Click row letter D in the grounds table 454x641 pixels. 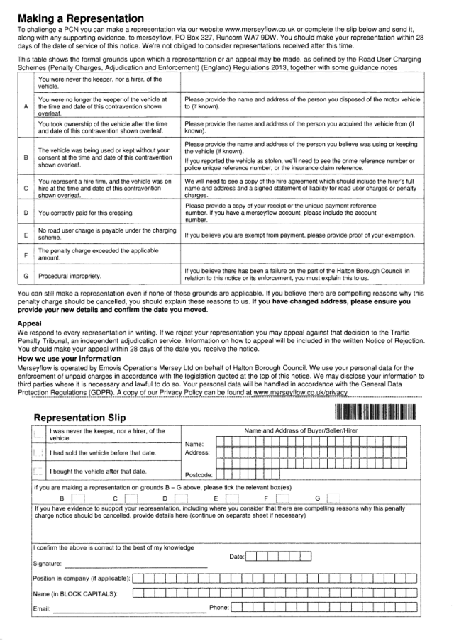26,212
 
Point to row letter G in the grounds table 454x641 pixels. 26,275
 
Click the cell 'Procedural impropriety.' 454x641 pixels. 70,275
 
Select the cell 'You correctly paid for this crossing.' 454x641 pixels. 87,212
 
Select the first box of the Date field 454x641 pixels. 253,557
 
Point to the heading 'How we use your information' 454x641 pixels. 68,358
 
